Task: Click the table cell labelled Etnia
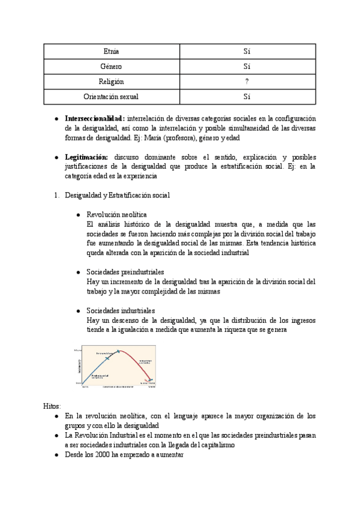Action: (x=111, y=52)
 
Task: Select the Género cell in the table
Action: (x=111, y=67)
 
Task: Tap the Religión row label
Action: (x=111, y=82)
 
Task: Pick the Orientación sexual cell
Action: (x=111, y=96)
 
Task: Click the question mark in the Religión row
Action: (x=247, y=82)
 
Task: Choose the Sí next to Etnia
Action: (x=247, y=52)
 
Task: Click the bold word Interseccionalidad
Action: (x=95, y=118)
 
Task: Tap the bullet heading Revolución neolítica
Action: (x=117, y=214)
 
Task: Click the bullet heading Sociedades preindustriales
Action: (x=125, y=272)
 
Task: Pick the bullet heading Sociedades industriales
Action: (x=121, y=310)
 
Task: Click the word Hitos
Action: (x=52, y=406)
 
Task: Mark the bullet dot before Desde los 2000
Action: (x=56, y=454)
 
